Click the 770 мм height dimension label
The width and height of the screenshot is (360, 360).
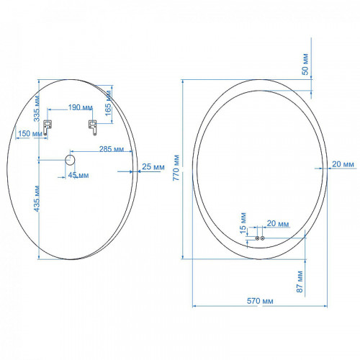pyautogui.click(x=176, y=168)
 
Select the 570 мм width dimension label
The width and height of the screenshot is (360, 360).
pyautogui.click(x=260, y=301)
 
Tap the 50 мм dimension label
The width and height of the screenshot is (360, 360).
pyautogui.click(x=305, y=64)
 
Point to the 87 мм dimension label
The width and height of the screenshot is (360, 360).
pyautogui.click(x=300, y=282)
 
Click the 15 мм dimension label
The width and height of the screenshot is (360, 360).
pyautogui.click(x=243, y=223)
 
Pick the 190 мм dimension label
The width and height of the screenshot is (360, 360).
pyautogui.click(x=81, y=107)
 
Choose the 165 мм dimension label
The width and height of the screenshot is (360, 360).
pyautogui.click(x=109, y=103)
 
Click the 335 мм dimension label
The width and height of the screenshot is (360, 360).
pyautogui.click(x=37, y=109)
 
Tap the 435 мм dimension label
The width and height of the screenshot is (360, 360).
pyautogui.click(x=37, y=199)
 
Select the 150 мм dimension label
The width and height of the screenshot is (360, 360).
pyautogui.click(x=30, y=133)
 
